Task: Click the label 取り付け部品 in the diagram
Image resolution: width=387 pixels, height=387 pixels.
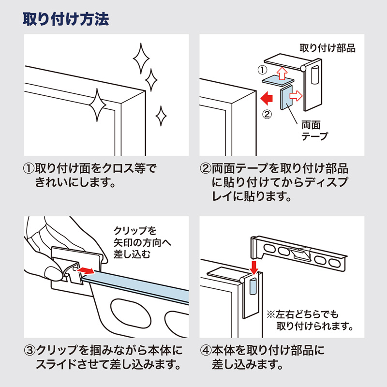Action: (x=327, y=48)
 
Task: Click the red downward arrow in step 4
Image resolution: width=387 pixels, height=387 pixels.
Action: (x=254, y=266)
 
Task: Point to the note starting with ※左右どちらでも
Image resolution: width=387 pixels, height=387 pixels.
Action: (x=310, y=319)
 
